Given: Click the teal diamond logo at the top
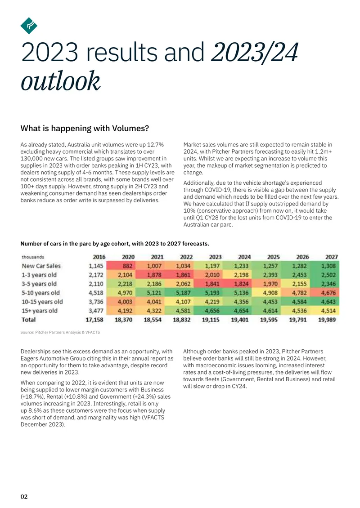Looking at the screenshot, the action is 29,26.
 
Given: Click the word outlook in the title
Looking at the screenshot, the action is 61,80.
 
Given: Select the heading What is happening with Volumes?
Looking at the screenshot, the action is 85,128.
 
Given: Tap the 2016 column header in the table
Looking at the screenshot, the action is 99,257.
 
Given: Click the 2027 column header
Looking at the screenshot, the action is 332,257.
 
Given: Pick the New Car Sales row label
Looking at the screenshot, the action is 41,266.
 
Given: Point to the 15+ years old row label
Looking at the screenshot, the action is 40,311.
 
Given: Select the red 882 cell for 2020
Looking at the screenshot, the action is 128,266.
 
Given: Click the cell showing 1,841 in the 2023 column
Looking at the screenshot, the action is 212,284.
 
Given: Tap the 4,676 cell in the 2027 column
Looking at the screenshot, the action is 328,293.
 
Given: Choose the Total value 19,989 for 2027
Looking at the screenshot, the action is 327,320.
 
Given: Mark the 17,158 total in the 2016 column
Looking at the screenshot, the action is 94,320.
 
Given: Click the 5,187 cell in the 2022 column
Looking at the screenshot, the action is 183,293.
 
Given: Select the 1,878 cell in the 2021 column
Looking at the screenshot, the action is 154,275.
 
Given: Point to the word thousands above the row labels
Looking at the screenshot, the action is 33,257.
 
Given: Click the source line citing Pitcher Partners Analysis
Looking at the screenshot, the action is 60,332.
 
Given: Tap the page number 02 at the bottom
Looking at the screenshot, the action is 24,497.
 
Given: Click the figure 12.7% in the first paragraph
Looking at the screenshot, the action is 155,144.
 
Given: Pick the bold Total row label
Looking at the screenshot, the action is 28,320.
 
